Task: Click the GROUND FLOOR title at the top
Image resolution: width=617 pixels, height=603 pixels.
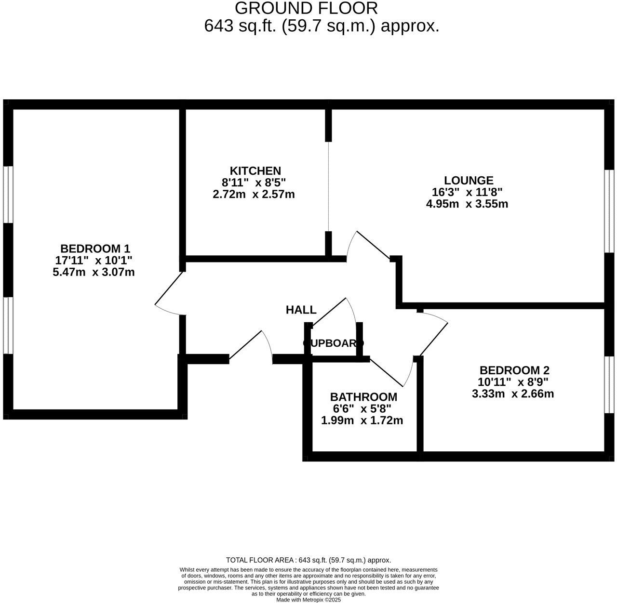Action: tap(306, 8)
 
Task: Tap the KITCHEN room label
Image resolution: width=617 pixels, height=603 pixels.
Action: tap(255, 170)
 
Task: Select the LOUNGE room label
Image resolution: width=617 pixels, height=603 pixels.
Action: tap(469, 180)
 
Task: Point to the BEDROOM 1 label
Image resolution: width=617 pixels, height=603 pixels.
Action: tap(95, 249)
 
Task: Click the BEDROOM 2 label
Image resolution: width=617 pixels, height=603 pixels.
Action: tap(514, 370)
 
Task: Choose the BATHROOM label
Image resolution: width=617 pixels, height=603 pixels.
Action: tap(363, 397)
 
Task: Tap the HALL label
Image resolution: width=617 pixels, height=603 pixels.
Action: tap(301, 310)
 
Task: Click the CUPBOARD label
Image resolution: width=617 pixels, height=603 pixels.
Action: tap(333, 343)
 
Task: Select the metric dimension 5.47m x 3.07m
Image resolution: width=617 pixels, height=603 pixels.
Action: tap(94, 272)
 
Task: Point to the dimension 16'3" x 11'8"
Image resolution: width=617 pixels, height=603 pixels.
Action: tap(467, 192)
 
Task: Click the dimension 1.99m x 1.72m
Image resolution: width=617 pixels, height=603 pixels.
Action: tap(362, 420)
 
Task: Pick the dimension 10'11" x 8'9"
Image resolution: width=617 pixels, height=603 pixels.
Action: tap(513, 382)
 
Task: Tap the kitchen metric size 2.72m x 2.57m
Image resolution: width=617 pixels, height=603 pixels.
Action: tap(254, 195)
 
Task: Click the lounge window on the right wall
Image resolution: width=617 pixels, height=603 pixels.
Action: tap(610, 211)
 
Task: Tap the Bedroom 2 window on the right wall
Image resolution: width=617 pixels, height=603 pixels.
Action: tap(610, 385)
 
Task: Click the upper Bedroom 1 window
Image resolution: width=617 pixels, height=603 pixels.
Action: tap(8, 195)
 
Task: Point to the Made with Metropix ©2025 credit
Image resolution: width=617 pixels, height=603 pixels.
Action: tap(308, 600)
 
